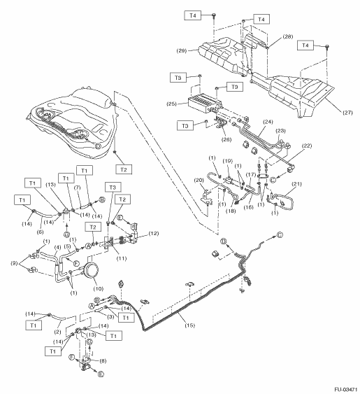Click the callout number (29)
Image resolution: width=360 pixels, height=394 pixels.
pyautogui.click(x=182, y=50)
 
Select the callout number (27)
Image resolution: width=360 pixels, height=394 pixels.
pyautogui.click(x=347, y=113)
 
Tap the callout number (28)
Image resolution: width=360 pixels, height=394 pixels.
pyautogui.click(x=288, y=36)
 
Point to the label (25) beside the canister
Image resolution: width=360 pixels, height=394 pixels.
pyautogui.click(x=172, y=104)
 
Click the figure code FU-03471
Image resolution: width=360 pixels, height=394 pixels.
pyautogui.click(x=345, y=390)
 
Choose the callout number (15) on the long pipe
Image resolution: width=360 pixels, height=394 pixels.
pyautogui.click(x=190, y=325)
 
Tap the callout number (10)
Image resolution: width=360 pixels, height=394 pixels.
pyautogui.click(x=98, y=288)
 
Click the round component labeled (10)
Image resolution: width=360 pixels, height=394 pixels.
pyautogui.click(x=91, y=271)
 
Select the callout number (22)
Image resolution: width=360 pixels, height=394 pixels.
pyautogui.click(x=307, y=146)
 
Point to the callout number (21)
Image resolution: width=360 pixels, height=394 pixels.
pyautogui.click(x=296, y=184)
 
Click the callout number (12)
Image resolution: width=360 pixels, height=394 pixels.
pyautogui.click(x=153, y=233)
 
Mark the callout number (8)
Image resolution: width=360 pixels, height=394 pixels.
pyautogui.click(x=103, y=361)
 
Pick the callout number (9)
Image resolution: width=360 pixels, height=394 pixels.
pyautogui.click(x=14, y=263)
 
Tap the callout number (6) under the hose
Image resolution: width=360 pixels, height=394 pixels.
pyautogui.click(x=40, y=232)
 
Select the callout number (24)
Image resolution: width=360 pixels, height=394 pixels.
pyautogui.click(x=268, y=122)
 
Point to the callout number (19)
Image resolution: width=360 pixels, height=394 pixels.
pyautogui.click(x=228, y=161)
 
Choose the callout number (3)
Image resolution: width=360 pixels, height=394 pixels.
pyautogui.click(x=110, y=317)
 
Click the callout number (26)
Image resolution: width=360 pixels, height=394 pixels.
pyautogui.click(x=226, y=139)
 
